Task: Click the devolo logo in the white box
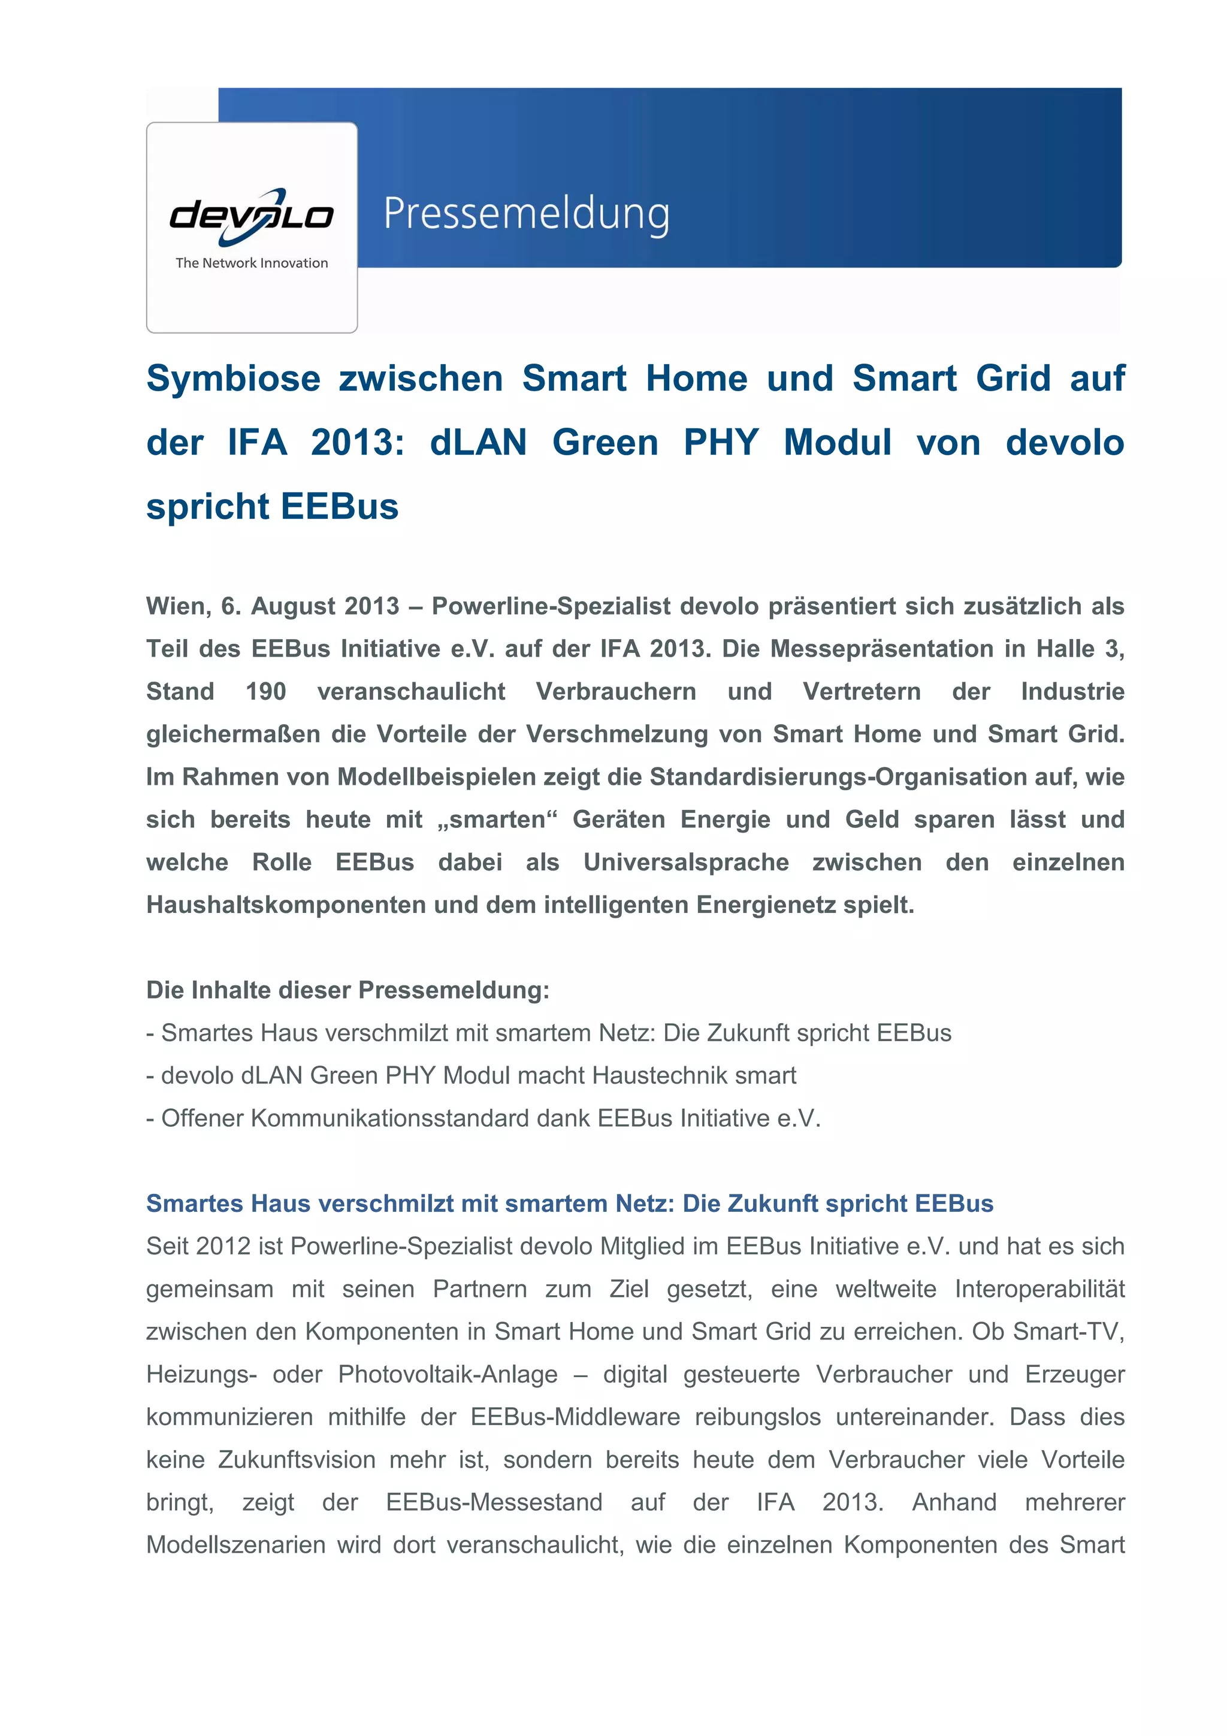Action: pyautogui.click(x=251, y=216)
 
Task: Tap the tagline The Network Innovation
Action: pyautogui.click(x=252, y=263)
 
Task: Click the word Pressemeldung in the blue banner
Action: pyautogui.click(x=526, y=214)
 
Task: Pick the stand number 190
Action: pyautogui.click(x=265, y=691)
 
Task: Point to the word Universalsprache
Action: pyautogui.click(x=686, y=862)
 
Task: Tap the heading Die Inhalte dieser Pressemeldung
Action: pyautogui.click(x=347, y=990)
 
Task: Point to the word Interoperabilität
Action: pyautogui.click(x=1039, y=1289)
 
